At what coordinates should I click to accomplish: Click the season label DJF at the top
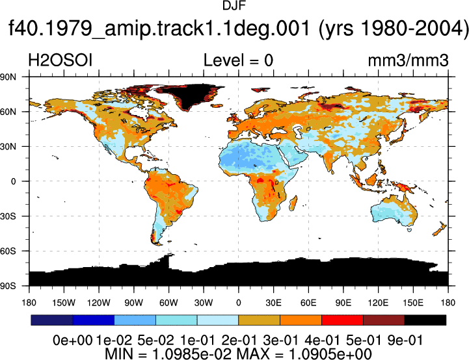[x=234, y=5]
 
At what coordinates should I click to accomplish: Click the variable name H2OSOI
[x=60, y=60]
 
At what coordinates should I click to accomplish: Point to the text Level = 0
[x=238, y=60]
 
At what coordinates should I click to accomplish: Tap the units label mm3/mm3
[x=408, y=60]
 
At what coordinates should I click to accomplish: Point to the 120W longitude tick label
[x=99, y=303]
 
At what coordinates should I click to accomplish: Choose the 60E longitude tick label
[x=308, y=303]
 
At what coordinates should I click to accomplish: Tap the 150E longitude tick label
[x=413, y=303]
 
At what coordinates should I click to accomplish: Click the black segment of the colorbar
[x=425, y=320]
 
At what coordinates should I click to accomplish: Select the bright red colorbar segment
[x=342, y=320]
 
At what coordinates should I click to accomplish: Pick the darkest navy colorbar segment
[x=52, y=320]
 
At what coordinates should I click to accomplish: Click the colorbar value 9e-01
[x=405, y=341]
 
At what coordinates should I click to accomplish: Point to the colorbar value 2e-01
[x=239, y=341]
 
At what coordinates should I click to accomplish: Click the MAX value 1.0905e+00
[x=330, y=354]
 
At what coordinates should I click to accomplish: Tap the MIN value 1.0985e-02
[x=192, y=354]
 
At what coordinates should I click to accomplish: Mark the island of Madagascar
[x=293, y=203]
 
